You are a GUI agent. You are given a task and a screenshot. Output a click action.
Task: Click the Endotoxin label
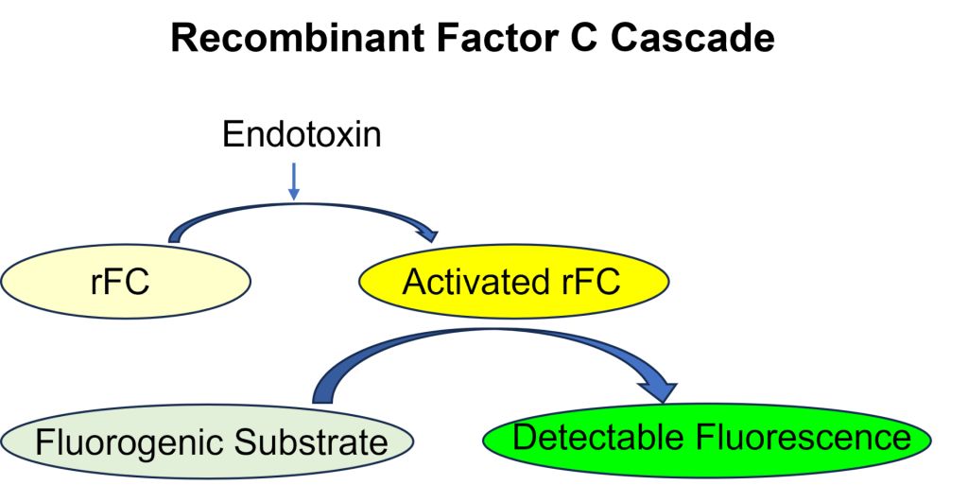coord(302,134)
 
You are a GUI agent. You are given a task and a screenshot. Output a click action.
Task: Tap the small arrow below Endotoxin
coord(294,182)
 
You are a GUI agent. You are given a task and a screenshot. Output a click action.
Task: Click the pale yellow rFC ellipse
coord(126,282)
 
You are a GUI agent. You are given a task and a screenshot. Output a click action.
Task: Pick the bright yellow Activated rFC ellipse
coord(514,282)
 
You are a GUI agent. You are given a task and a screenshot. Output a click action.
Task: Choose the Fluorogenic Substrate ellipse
coord(207,442)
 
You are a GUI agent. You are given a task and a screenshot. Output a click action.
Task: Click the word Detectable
coord(598,437)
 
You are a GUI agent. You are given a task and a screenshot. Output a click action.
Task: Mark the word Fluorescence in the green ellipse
coord(804,437)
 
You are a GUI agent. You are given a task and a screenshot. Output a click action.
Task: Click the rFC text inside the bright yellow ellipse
coord(584,282)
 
